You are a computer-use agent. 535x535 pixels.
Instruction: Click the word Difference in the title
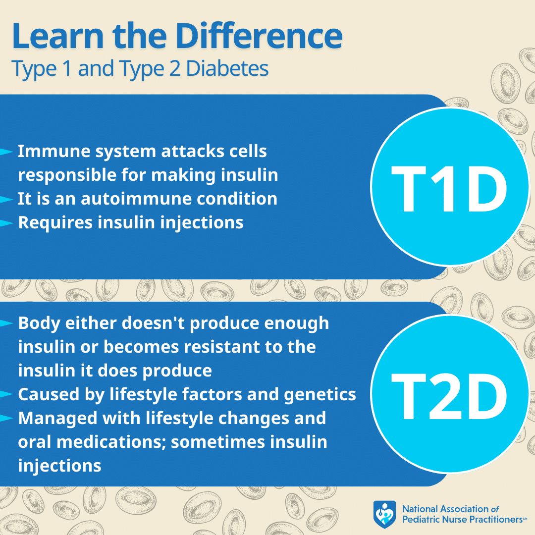pyautogui.click(x=259, y=36)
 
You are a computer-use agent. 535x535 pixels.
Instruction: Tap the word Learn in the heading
pyautogui.click(x=58, y=36)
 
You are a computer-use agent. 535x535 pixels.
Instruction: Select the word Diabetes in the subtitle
pyautogui.click(x=227, y=68)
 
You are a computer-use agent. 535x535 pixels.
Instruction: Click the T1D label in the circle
pyautogui.click(x=449, y=189)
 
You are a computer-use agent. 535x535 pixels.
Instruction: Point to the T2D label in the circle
pyautogui.click(x=449, y=396)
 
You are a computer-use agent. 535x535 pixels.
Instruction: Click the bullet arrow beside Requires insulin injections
pyautogui.click(x=6, y=223)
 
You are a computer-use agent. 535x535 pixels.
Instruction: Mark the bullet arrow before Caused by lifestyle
pyautogui.click(x=6, y=394)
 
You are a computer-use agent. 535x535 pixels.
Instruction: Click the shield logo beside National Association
pyautogui.click(x=384, y=514)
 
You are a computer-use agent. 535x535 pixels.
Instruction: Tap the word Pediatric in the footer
pyautogui.click(x=424, y=520)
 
